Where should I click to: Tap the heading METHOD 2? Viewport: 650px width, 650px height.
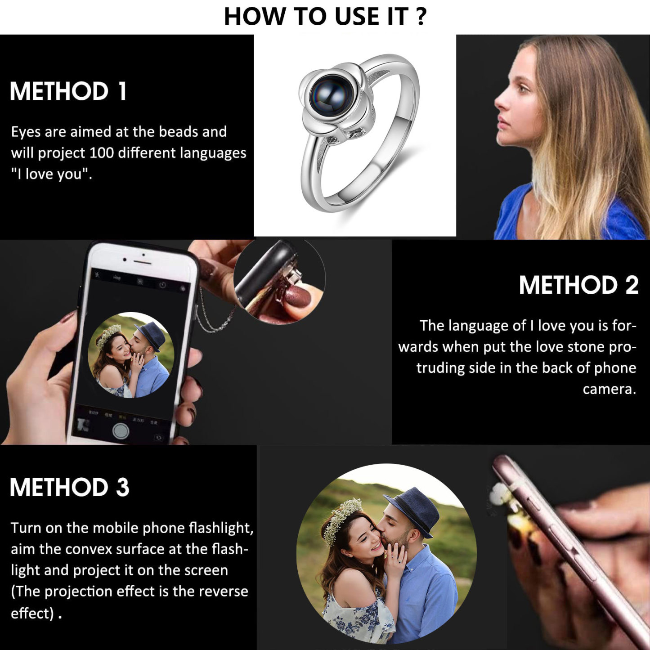click(578, 285)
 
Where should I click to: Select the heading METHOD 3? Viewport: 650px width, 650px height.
click(70, 487)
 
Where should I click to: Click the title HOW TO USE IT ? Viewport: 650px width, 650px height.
click(325, 16)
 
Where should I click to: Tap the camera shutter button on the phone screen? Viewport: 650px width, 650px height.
click(121, 431)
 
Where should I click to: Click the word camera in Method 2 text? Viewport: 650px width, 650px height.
click(609, 389)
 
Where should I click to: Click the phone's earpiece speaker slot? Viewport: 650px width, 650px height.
click(143, 262)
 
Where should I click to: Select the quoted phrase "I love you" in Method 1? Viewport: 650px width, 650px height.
click(52, 174)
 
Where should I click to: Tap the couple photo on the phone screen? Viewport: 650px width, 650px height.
click(131, 355)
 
